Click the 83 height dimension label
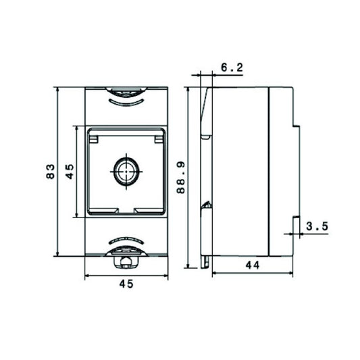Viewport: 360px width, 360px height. click(49, 172)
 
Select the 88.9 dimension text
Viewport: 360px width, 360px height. click(180, 178)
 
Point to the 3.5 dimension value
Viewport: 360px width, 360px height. click(316, 227)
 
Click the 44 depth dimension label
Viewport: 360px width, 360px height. click(252, 265)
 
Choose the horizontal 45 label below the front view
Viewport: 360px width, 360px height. click(125, 284)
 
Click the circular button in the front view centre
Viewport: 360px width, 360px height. click(125, 172)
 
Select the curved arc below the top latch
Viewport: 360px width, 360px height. click(125, 103)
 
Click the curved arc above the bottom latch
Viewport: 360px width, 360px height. click(125, 240)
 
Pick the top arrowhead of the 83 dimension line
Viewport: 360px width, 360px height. click(59, 89)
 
